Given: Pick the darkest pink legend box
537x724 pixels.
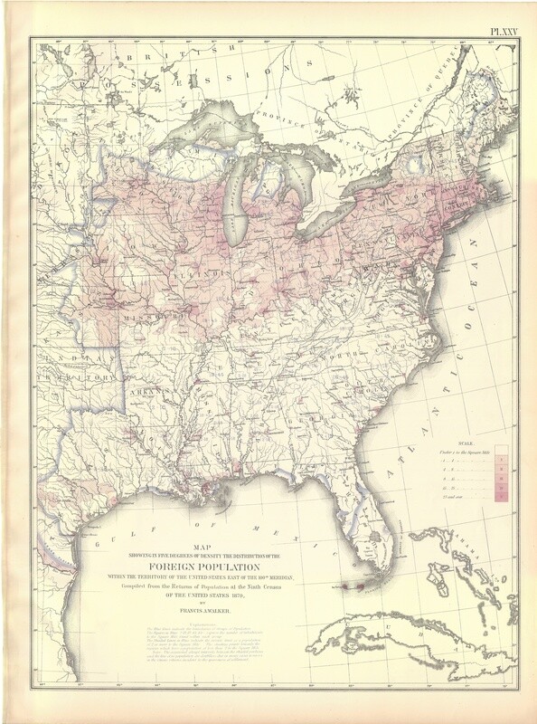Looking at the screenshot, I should pos(501,496).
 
